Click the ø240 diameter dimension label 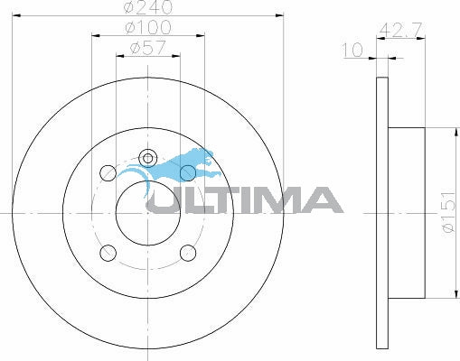click(x=148, y=7)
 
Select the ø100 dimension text click(x=148, y=28)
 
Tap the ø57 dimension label click(x=148, y=48)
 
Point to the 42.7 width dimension click(x=400, y=30)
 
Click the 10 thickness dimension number click(x=352, y=50)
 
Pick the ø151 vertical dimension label click(x=448, y=212)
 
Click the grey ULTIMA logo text click(x=245, y=199)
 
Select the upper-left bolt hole click(x=108, y=172)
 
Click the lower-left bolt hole click(x=108, y=253)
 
